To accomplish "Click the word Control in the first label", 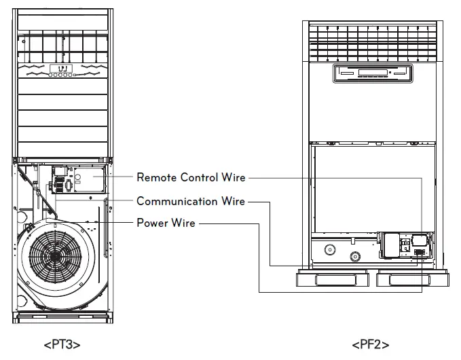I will pos(199,178).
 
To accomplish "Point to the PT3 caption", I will pos(62,344).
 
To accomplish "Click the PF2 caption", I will pos(370,344).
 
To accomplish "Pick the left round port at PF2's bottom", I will pos(331,249).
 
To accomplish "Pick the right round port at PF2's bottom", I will pos(354,257).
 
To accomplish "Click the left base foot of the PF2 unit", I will pos(332,282).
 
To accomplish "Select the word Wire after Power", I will pos(183,223).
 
